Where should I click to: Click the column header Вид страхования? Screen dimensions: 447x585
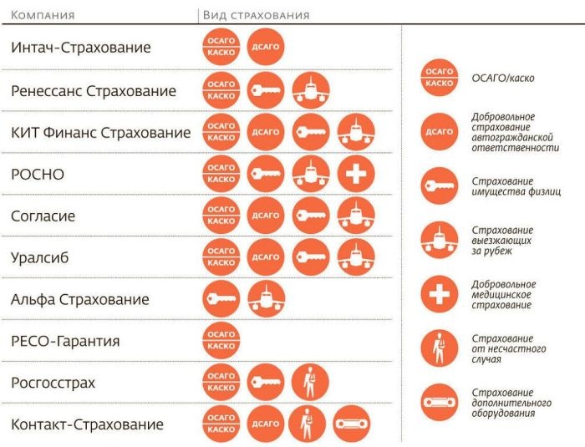[x=257, y=15]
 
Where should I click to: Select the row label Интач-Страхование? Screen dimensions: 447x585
[x=80, y=48]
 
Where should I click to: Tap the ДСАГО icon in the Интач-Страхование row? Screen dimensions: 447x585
[x=266, y=48]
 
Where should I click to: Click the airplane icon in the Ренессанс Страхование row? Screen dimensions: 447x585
[x=311, y=90]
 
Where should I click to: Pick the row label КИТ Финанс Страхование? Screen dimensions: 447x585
[x=100, y=132]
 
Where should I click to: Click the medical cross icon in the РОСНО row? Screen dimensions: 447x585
[x=356, y=174]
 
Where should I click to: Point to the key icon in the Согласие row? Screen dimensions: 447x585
[x=311, y=216]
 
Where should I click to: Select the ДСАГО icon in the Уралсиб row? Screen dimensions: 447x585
[x=266, y=257]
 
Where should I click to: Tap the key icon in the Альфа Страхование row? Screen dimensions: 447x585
[x=221, y=299]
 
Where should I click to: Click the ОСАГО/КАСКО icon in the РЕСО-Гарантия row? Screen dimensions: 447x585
[x=221, y=341]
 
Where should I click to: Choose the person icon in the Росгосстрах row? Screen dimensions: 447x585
[x=311, y=383]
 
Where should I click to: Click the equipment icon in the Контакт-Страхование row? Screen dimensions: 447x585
[x=351, y=424]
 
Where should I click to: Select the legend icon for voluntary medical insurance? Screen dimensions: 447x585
[x=439, y=294]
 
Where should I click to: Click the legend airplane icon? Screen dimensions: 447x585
[x=439, y=240]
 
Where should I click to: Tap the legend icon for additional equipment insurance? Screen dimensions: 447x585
[x=439, y=403]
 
